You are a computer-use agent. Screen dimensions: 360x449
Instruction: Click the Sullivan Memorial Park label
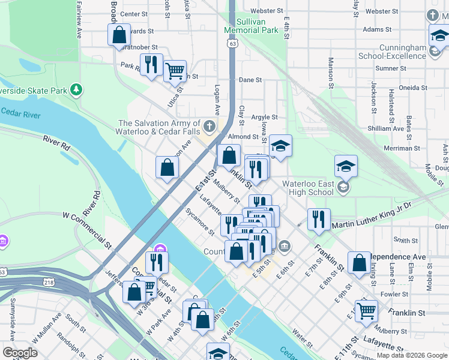click(251, 25)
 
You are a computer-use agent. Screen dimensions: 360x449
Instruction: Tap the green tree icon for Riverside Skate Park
click(76, 90)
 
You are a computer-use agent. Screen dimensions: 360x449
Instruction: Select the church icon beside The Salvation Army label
click(209, 126)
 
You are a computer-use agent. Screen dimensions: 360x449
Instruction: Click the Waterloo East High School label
click(304, 188)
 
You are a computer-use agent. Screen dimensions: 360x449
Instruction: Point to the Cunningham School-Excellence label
click(391, 52)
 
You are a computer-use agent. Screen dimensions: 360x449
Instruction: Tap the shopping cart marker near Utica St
click(175, 70)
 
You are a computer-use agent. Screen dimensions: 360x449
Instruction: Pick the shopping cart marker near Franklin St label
click(366, 311)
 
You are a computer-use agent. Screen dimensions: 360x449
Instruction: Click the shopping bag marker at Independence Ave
click(359, 262)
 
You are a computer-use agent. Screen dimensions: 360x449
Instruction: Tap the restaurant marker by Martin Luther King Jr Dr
click(319, 219)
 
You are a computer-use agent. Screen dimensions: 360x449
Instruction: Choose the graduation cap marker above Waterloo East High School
click(346, 166)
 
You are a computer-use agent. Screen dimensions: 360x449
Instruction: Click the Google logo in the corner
click(20, 353)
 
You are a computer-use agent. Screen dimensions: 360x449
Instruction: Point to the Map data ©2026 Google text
click(412, 355)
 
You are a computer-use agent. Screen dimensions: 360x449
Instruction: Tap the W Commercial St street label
click(87, 229)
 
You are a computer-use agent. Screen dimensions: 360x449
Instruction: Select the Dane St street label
click(250, 80)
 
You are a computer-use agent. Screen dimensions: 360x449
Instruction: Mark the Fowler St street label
click(394, 294)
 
